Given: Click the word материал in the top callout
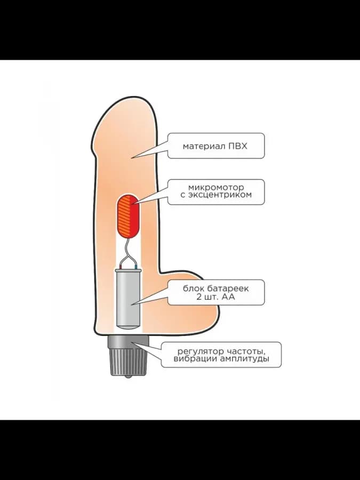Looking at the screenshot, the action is (x=204, y=146).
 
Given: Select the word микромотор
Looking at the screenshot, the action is (x=216, y=187).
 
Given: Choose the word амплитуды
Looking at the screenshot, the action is (x=245, y=358).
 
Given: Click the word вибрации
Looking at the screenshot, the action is (x=195, y=358).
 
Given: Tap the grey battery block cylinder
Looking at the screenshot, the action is (x=129, y=299).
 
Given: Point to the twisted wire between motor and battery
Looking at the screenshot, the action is (x=129, y=253).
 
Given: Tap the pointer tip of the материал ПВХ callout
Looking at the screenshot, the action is (x=131, y=158).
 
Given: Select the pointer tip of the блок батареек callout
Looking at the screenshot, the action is (x=132, y=305).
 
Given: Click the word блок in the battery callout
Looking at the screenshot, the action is (x=194, y=289).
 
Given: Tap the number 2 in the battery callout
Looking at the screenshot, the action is (x=199, y=297).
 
